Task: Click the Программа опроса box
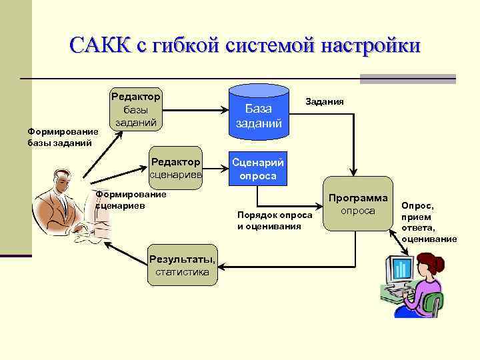click(358, 204)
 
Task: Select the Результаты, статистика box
click(182, 265)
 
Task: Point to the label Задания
click(325, 102)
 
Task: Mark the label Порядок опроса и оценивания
click(274, 221)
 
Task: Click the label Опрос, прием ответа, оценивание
click(428, 223)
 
